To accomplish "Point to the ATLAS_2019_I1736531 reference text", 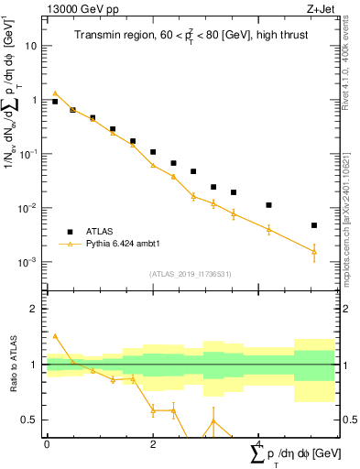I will click(x=189, y=273).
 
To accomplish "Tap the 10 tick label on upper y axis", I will click(x=31, y=45).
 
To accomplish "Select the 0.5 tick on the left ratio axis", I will click(x=30, y=420).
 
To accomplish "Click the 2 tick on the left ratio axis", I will click(x=34, y=310).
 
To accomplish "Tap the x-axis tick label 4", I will click(x=258, y=444).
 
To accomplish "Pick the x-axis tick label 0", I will click(x=47, y=444).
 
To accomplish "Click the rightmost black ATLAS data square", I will click(x=313, y=225).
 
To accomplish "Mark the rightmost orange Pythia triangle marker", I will click(x=313, y=251).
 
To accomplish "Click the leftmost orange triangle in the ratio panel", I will click(x=55, y=336).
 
